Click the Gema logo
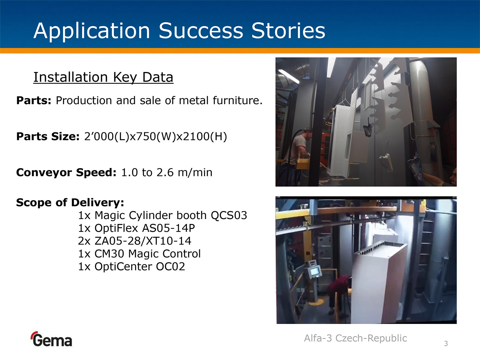[51, 339]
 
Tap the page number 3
[446, 344]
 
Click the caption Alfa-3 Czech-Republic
[355, 338]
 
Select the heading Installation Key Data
[103, 77]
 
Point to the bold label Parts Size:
[48, 136]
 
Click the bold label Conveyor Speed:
[66, 172]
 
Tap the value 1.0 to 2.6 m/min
[167, 172]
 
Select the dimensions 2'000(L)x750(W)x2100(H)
[155, 136]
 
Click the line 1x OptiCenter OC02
[132, 266]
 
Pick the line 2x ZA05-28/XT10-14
[135, 241]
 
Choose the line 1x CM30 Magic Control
[139, 254]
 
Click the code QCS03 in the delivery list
[229, 215]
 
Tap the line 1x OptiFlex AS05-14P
[136, 228]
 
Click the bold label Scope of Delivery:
[70, 203]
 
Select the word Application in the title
[92, 32]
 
